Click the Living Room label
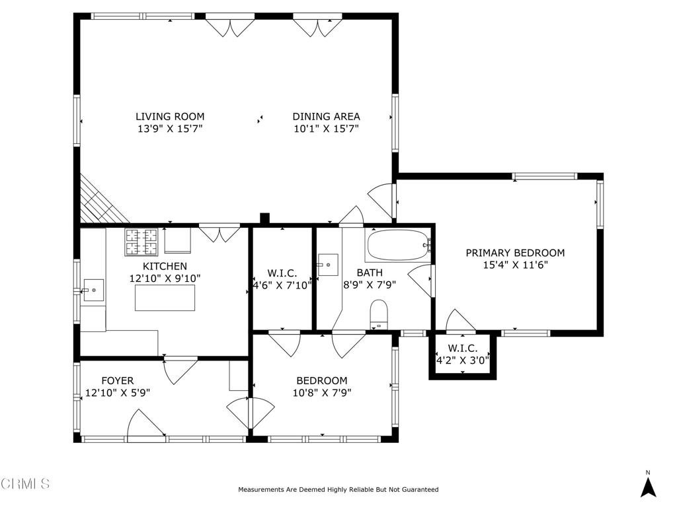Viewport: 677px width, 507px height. pyautogui.click(x=170, y=116)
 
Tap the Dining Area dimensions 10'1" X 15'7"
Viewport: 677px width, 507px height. pyautogui.click(x=327, y=129)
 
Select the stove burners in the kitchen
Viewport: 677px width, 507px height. pyautogui.click(x=141, y=242)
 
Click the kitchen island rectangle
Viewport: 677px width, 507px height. pyautogui.click(x=165, y=298)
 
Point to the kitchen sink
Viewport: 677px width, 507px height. pyautogui.click(x=93, y=290)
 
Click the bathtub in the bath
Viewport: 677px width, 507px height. pyautogui.click(x=398, y=245)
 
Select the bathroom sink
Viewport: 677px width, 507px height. pyautogui.click(x=328, y=265)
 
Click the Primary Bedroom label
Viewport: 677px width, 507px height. pyautogui.click(x=515, y=253)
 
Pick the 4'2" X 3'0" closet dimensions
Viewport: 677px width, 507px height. pyautogui.click(x=463, y=360)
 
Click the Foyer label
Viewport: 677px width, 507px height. pyautogui.click(x=118, y=381)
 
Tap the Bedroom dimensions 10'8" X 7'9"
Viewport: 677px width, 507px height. pyautogui.click(x=322, y=393)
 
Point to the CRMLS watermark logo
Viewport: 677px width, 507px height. pyautogui.click(x=25, y=484)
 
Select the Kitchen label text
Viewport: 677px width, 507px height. pyautogui.click(x=165, y=267)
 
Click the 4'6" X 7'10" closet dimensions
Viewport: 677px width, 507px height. pyautogui.click(x=282, y=285)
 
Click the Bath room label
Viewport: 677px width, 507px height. pyautogui.click(x=370, y=273)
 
